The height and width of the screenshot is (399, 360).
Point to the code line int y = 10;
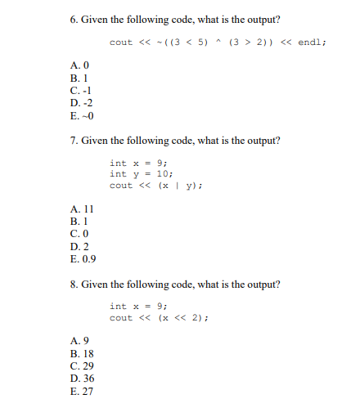tap(142, 173)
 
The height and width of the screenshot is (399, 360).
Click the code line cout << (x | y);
tap(156, 185)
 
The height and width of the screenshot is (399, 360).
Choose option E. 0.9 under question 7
tap(83, 259)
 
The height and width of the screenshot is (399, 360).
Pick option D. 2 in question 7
tap(80, 248)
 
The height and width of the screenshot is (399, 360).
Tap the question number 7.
tap(74, 141)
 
